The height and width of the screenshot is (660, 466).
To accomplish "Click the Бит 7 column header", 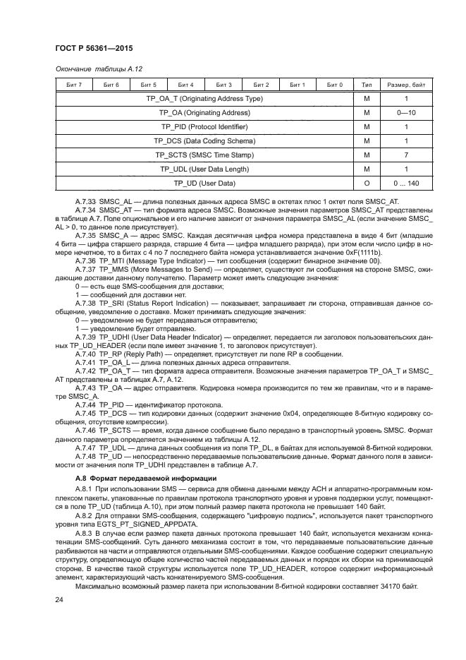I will pos(73,85).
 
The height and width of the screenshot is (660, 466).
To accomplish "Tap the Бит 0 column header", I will pos(335,85).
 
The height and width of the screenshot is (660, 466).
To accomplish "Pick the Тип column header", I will pos(367,85).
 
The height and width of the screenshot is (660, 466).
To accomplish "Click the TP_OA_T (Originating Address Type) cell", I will pos(204,99).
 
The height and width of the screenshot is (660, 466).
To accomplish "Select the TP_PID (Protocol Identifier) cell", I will pos(204,127).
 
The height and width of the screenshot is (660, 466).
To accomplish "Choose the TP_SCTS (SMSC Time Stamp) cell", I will pos(204,155).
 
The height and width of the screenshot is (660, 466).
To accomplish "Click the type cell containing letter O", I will pos(367,184).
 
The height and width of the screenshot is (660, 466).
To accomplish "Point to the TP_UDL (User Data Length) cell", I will pos(204,169).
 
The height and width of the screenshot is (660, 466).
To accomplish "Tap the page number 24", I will pos(60,599).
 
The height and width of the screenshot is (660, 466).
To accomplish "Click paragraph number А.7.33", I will pos(86,201).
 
